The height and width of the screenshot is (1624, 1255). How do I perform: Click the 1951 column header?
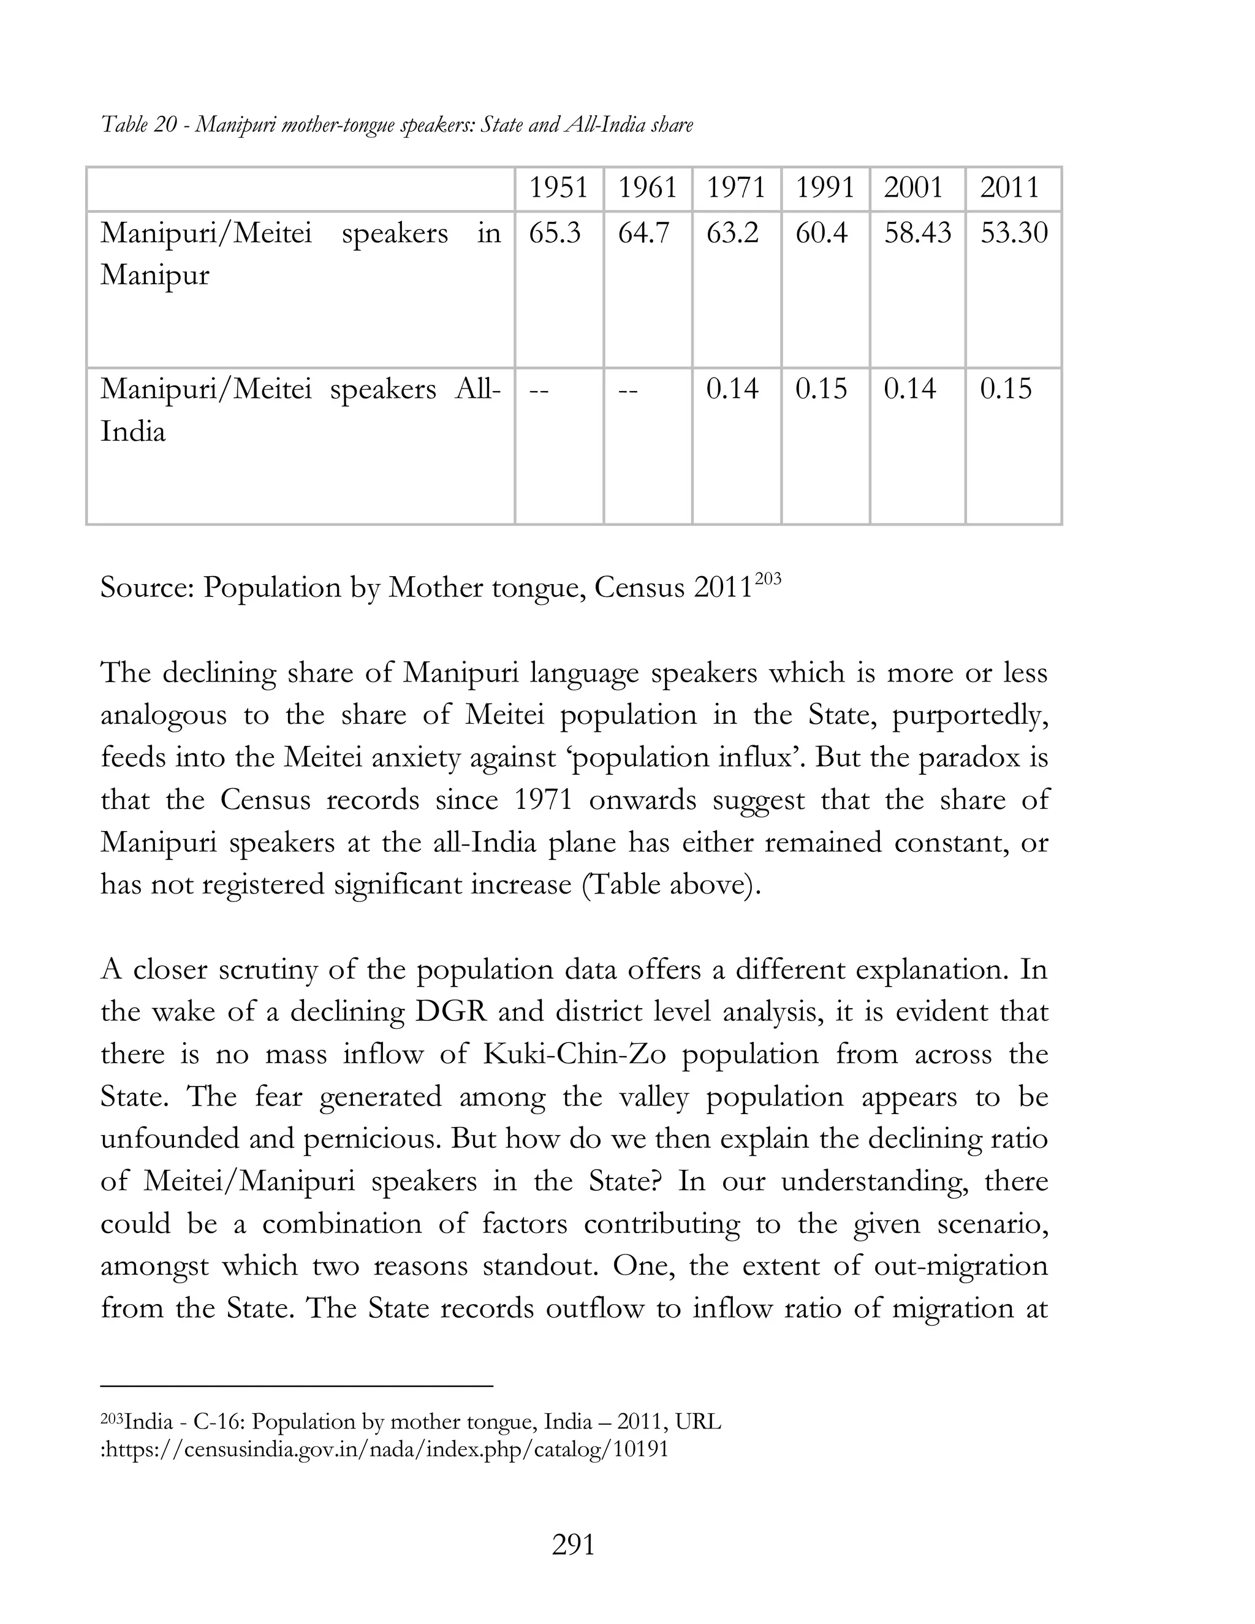point(558,188)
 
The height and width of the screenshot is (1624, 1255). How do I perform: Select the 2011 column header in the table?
point(1010,188)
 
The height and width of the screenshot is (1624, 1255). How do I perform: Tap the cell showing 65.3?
point(555,233)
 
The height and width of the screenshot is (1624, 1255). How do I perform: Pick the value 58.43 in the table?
point(917,233)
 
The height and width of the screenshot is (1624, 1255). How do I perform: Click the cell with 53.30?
point(1014,233)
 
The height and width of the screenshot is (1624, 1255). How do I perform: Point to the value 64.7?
point(644,233)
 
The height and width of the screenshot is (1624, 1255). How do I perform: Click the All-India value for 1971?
point(732,390)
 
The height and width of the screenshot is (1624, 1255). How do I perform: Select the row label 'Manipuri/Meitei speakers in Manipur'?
point(300,254)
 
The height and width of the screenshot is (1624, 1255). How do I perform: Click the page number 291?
point(573,1545)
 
